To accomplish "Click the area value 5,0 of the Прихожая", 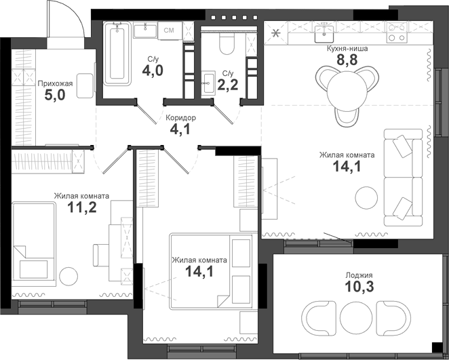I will (x=55, y=95).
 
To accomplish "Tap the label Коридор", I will (x=181, y=117).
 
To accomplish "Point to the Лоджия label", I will (x=358, y=275).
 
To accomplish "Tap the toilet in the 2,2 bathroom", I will (x=227, y=43).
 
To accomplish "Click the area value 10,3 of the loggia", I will (x=358, y=287).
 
